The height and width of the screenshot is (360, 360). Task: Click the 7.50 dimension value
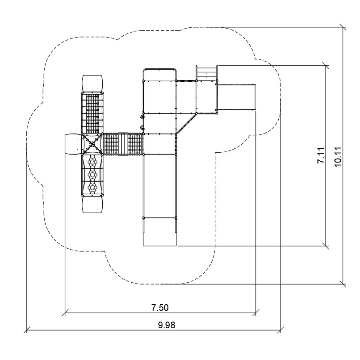pyautogui.click(x=160, y=307)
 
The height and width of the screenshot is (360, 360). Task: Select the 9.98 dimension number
pyautogui.click(x=167, y=325)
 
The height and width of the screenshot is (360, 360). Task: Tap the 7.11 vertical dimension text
pyautogui.click(x=321, y=155)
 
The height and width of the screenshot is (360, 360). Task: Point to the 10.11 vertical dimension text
pyautogui.click(x=338, y=157)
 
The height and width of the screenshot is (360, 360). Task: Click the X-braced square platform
pyautogui.click(x=92, y=144)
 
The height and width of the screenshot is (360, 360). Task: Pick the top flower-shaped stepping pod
pyautogui.click(x=92, y=162)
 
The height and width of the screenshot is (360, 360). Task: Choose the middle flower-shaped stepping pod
pyautogui.click(x=92, y=175)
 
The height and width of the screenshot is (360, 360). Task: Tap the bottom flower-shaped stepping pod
pyautogui.click(x=92, y=188)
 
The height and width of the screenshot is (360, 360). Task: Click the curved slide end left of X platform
pyautogui.click(x=73, y=144)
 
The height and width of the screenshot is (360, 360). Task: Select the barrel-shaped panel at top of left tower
pyautogui.click(x=92, y=84)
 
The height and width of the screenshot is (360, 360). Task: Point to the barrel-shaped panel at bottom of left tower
pyautogui.click(x=92, y=204)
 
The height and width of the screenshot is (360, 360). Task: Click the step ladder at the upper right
pyautogui.click(x=207, y=73)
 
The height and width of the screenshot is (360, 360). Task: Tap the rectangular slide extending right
pyautogui.click(x=236, y=97)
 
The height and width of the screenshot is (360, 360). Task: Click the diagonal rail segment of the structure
pyautogui.click(x=186, y=123)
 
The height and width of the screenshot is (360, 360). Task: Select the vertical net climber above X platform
pyautogui.click(x=92, y=113)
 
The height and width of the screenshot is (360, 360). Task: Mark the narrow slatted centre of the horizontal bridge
pyautogui.click(x=123, y=144)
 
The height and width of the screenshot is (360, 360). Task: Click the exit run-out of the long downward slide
pyautogui.click(x=160, y=232)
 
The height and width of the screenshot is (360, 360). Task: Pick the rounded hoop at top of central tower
pyautogui.click(x=160, y=69)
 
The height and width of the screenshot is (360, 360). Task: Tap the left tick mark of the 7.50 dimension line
pyautogui.click(x=65, y=313)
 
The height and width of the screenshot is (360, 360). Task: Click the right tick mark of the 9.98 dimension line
pyautogui.click(x=280, y=330)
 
